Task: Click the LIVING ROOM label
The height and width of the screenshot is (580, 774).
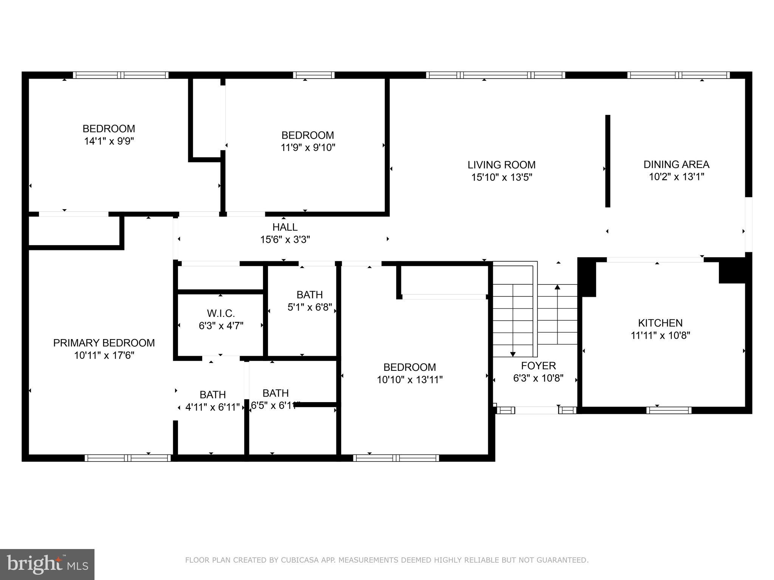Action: [502, 165]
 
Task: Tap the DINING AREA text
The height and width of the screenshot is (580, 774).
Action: [676, 164]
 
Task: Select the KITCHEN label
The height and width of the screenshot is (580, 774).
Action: [660, 323]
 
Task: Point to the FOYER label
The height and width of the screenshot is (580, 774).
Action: [538, 366]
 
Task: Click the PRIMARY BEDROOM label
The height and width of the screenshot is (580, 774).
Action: [104, 343]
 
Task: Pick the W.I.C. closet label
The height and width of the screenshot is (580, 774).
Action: [221, 313]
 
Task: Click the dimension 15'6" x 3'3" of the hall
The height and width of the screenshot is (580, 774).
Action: [285, 239]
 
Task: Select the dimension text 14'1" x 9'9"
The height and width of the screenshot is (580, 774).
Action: [109, 141]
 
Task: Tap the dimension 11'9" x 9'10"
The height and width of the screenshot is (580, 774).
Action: [308, 147]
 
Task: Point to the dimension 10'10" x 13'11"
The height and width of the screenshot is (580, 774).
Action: [409, 379]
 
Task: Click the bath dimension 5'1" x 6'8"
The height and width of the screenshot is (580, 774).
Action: [310, 307]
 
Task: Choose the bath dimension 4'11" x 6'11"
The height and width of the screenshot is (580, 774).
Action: [212, 407]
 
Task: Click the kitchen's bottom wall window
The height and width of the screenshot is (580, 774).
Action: [669, 410]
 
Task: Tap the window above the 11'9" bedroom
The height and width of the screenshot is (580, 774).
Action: [313, 75]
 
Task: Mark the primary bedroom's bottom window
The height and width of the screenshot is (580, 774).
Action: [128, 458]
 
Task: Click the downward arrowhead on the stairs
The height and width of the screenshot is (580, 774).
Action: [513, 354]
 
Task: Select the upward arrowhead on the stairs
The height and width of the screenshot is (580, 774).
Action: [557, 287]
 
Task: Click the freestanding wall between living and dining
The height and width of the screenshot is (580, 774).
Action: [608, 161]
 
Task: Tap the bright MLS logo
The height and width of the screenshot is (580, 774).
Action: [47, 565]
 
